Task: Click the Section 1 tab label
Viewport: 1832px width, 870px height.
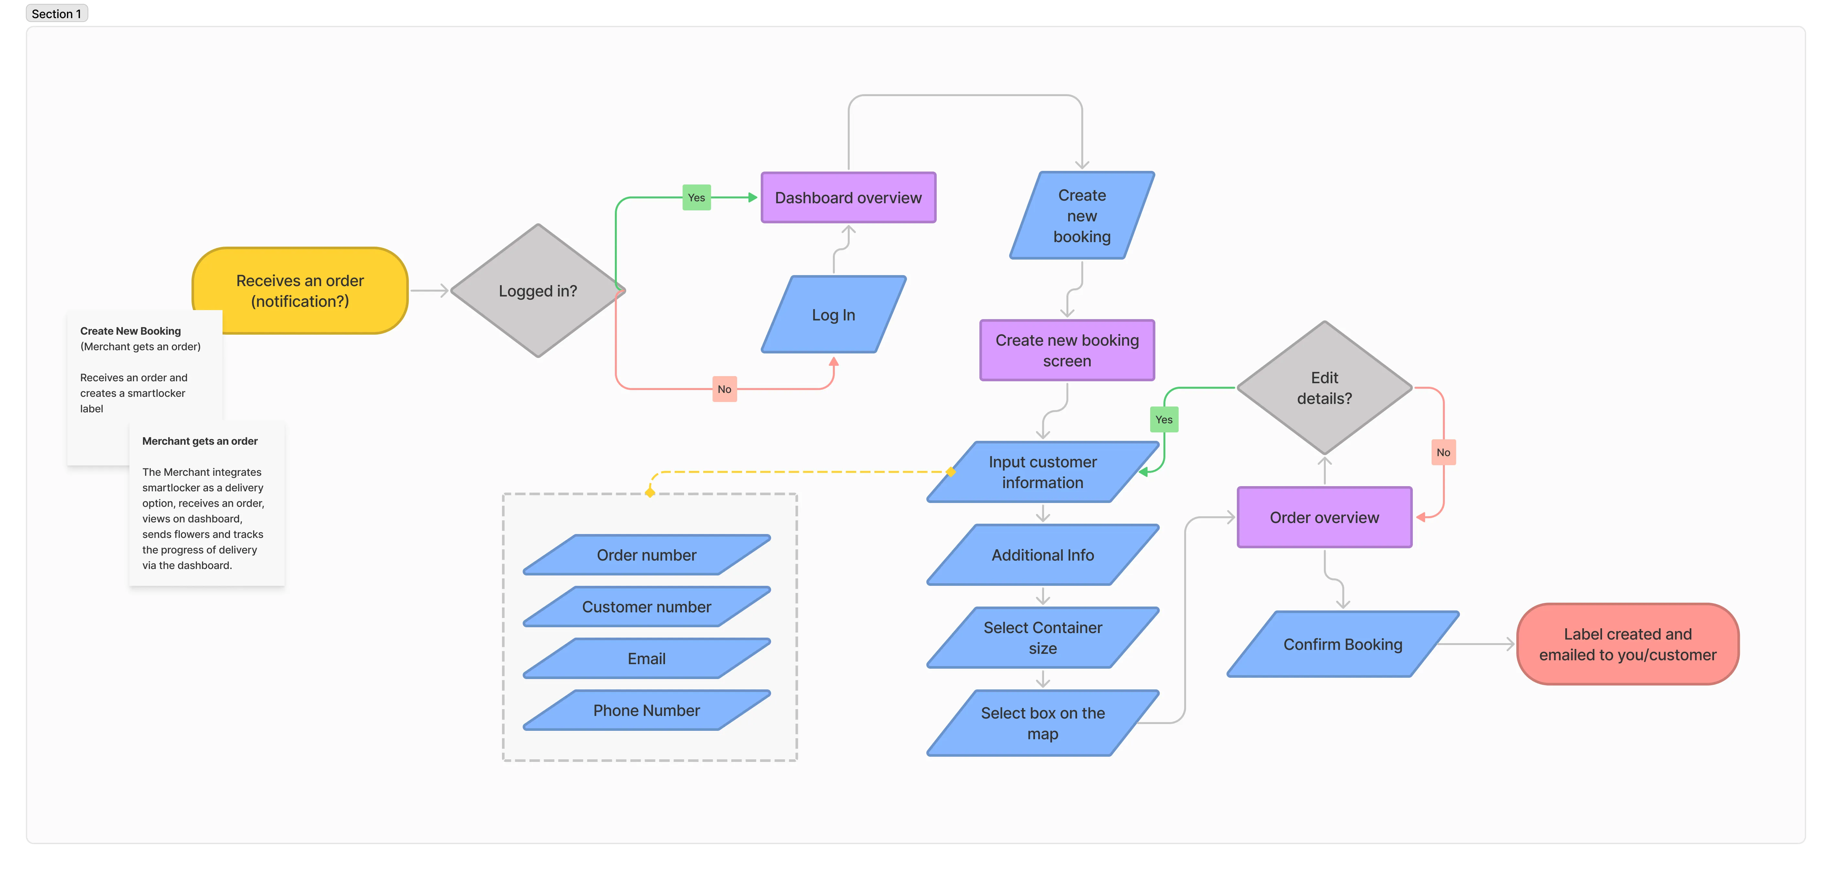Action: [56, 14]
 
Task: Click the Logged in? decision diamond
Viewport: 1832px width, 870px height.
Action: [538, 291]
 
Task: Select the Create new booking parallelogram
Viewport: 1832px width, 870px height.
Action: [1082, 216]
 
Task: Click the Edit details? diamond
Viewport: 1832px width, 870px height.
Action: [1324, 388]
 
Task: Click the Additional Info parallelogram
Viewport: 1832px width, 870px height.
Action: [1042, 555]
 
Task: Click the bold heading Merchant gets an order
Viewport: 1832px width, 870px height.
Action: [200, 441]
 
